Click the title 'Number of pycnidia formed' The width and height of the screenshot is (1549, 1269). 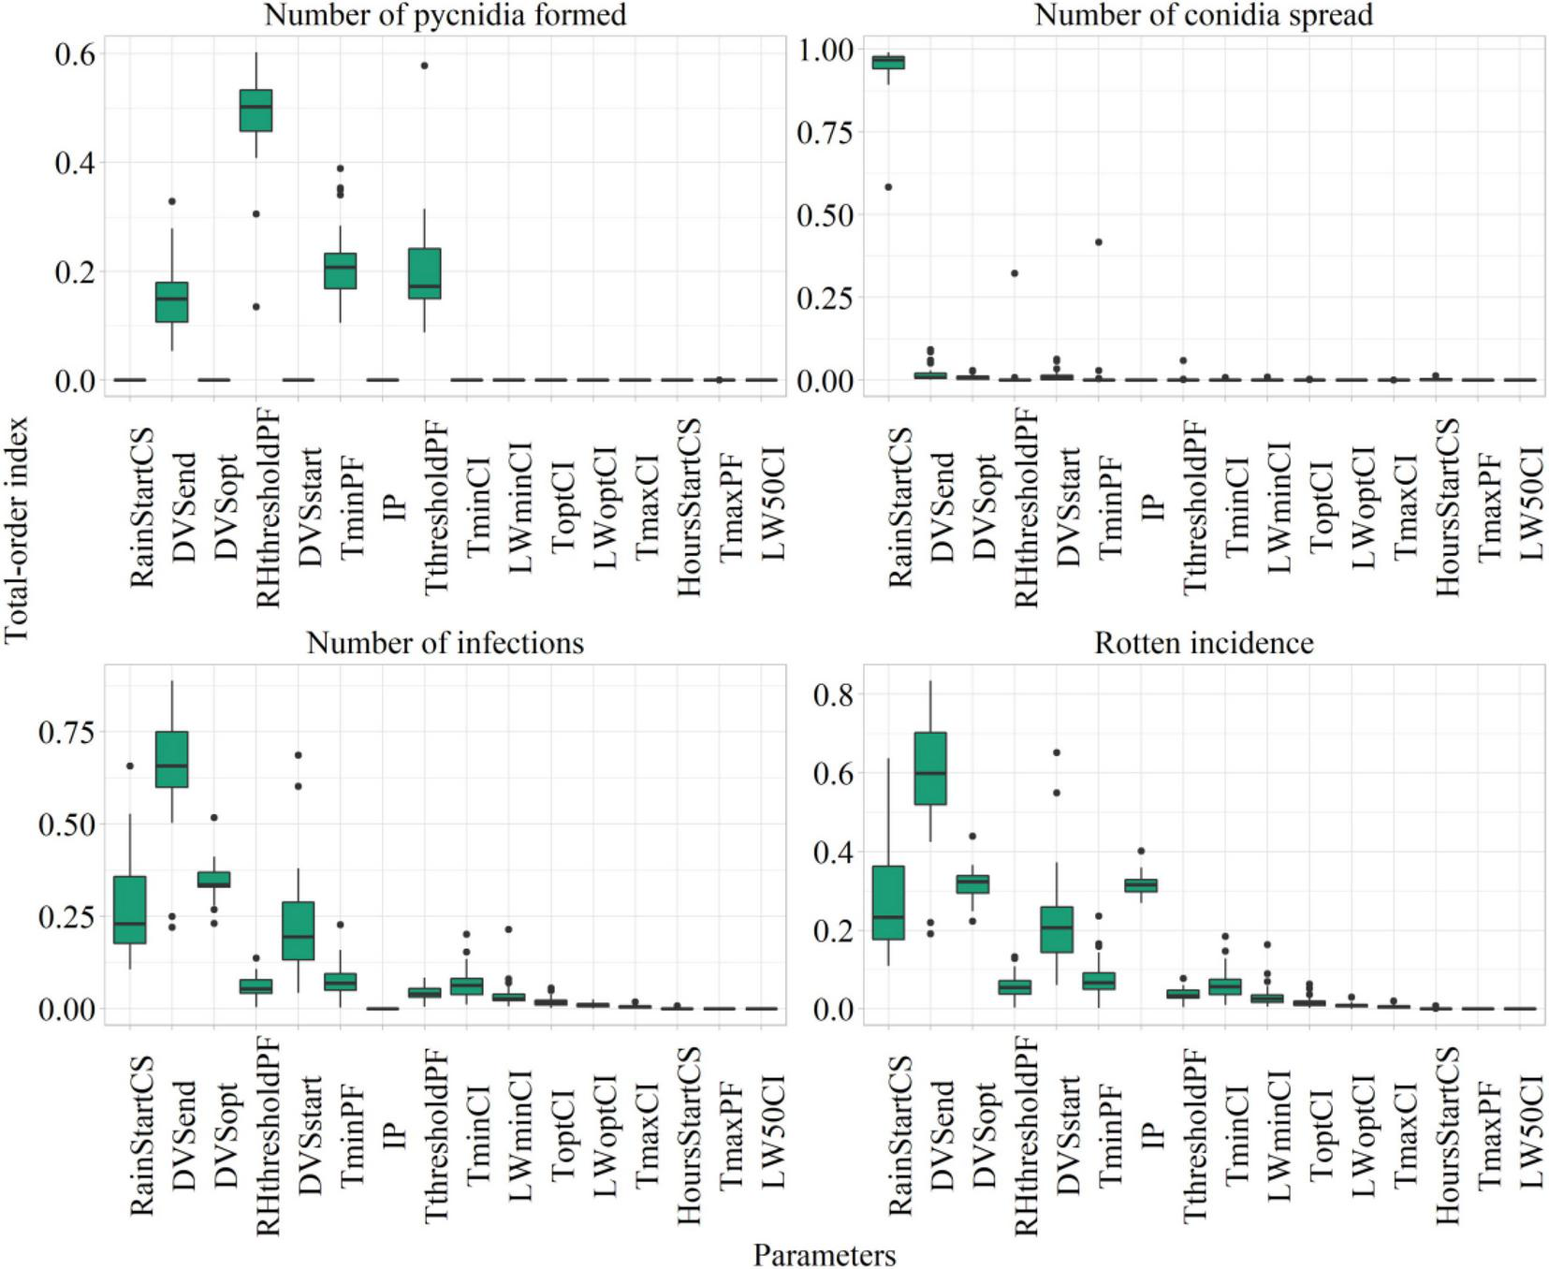click(x=445, y=15)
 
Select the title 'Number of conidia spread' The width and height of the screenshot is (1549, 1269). click(x=1204, y=15)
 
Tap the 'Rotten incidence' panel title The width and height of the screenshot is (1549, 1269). click(x=1204, y=643)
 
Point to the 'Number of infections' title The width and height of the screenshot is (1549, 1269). click(x=445, y=643)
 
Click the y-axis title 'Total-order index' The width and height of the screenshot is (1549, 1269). click(x=16, y=530)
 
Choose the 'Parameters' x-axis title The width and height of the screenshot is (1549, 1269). click(x=824, y=1255)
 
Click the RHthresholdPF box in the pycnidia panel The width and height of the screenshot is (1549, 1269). click(x=256, y=110)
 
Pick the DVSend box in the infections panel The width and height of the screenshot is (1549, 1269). click(x=171, y=759)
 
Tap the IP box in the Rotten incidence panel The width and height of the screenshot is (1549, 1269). click(x=1140, y=885)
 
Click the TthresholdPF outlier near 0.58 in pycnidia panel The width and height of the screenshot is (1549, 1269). click(x=424, y=66)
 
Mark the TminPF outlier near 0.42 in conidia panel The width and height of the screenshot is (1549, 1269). click(x=1098, y=242)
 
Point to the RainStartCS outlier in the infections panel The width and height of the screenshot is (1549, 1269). click(x=130, y=766)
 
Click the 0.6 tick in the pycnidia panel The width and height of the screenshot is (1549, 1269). click(x=75, y=54)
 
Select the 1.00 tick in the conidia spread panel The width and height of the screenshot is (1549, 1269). click(x=825, y=50)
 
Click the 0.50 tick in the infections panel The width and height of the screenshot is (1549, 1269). click(x=66, y=824)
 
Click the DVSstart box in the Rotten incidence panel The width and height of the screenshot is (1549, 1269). click(x=1056, y=929)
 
